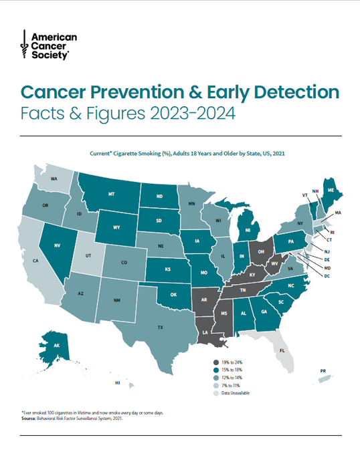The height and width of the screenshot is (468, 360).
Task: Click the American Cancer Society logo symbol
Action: pyautogui.click(x=24, y=45)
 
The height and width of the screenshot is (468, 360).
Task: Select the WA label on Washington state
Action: pyautogui.click(x=53, y=180)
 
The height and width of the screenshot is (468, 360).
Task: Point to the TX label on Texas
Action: pyautogui.click(x=160, y=328)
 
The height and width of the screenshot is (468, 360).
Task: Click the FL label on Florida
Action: pyautogui.click(x=282, y=349)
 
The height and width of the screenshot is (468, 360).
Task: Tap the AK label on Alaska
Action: pyautogui.click(x=56, y=345)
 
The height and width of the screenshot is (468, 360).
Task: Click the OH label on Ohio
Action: pyautogui.click(x=261, y=251)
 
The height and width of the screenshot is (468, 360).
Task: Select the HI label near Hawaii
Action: pyautogui.click(x=117, y=383)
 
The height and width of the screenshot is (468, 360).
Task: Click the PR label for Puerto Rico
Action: pyautogui.click(x=322, y=370)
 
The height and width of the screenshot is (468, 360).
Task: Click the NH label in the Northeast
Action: pyautogui.click(x=315, y=191)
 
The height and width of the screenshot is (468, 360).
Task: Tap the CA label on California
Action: pyautogui.click(x=35, y=261)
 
